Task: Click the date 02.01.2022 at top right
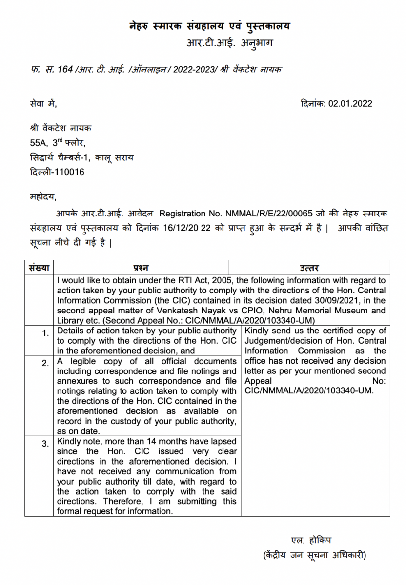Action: coord(350,103)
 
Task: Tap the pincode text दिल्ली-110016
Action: coord(57,172)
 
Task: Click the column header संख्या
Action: coord(40,268)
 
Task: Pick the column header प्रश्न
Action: coord(141,268)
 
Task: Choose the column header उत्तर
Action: coord(309,268)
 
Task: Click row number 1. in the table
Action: coord(45,333)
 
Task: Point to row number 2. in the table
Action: coord(45,364)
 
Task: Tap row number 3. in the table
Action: coord(45,443)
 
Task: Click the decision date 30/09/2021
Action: coord(345,300)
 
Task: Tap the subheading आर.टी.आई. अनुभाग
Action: coord(229,43)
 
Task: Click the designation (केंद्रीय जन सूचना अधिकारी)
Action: coord(314,555)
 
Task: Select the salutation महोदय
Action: coord(43,197)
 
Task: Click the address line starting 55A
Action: coord(58,143)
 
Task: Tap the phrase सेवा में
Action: coord(43,103)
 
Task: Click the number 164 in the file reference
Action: coord(65,70)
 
